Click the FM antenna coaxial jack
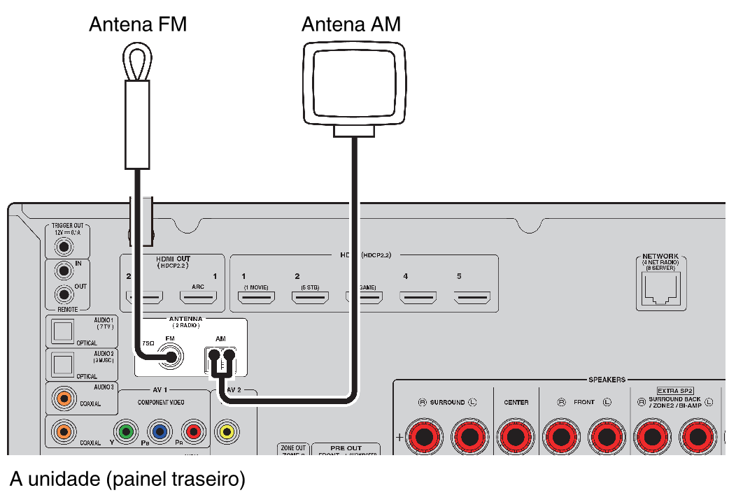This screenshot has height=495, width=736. click(x=171, y=359)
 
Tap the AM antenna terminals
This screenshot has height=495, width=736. click(x=221, y=361)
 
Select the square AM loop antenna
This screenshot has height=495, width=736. click(x=354, y=81)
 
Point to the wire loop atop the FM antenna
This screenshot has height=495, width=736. click(x=137, y=62)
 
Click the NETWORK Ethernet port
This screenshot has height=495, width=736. click(x=660, y=289)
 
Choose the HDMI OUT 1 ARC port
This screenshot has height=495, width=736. click(x=198, y=298)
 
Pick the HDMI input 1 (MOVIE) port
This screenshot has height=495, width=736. click(x=256, y=298)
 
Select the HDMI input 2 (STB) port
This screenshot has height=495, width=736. click(x=310, y=298)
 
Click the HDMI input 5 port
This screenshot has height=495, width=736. click(x=472, y=298)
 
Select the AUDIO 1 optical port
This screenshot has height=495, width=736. click(x=64, y=331)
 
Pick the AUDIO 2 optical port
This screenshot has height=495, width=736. click(x=64, y=364)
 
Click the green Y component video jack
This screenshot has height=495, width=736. click(x=126, y=431)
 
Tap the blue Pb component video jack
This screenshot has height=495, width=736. click(x=160, y=431)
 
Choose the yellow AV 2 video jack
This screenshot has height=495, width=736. click(x=226, y=431)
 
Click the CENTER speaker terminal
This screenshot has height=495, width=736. click(x=516, y=437)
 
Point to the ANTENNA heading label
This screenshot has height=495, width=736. click(x=185, y=319)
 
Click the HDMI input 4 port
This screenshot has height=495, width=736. click(x=418, y=298)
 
